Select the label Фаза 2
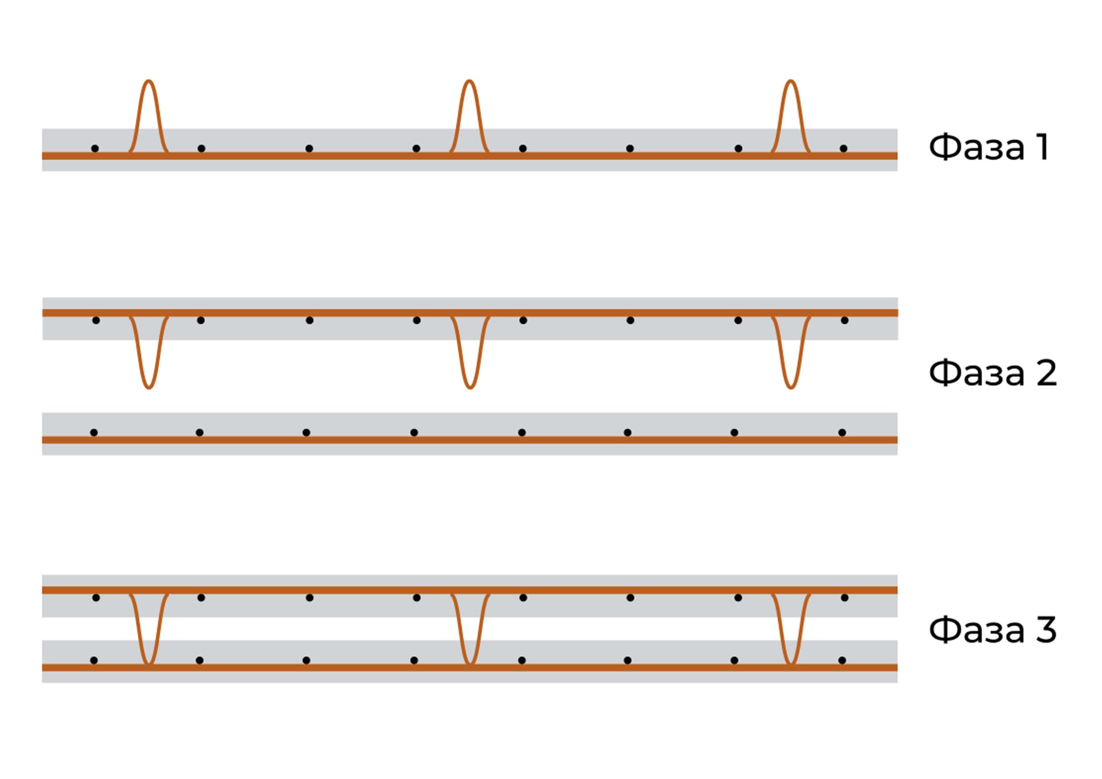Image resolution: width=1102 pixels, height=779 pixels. pyautogui.click(x=993, y=373)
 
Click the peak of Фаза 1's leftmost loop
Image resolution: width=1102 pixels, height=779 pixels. pyautogui.click(x=149, y=81)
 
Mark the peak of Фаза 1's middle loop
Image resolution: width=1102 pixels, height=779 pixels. pyautogui.click(x=469, y=81)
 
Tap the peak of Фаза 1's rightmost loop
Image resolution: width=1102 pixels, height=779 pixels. pyautogui.click(x=790, y=81)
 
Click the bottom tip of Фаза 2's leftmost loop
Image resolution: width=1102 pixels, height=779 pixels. pyautogui.click(x=149, y=387)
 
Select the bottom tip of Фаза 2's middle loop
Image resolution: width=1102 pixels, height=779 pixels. pyautogui.click(x=470, y=387)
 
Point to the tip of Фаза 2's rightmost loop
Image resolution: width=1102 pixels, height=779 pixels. pyautogui.click(x=790, y=387)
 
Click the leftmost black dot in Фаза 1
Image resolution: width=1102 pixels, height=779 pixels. pyautogui.click(x=95, y=148)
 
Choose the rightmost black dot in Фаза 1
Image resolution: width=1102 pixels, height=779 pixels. pyautogui.click(x=843, y=148)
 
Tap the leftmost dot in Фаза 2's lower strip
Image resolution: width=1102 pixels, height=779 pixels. pyautogui.click(x=94, y=433)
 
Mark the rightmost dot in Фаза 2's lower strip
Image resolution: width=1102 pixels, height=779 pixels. pyautogui.click(x=842, y=433)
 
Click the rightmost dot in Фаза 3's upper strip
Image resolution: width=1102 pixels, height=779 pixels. pyautogui.click(x=844, y=597)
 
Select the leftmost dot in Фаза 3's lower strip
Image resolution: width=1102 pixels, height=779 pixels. pyautogui.click(x=94, y=661)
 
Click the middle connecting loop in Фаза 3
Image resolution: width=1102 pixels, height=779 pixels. pyautogui.click(x=470, y=629)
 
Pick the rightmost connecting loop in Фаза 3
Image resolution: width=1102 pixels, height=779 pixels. pyautogui.click(x=790, y=629)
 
